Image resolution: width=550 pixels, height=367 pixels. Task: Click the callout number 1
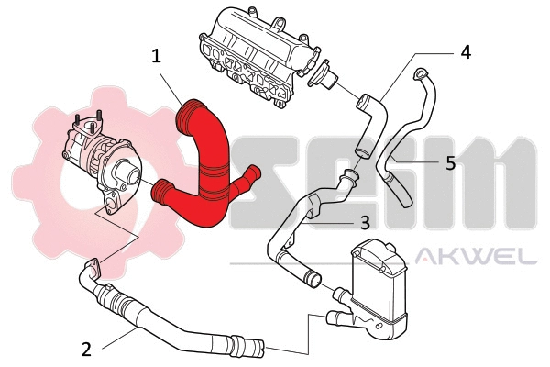157,56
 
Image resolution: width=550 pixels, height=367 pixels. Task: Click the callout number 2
86,348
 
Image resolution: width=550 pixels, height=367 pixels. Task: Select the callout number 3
364,222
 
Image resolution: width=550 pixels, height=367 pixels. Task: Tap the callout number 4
466,52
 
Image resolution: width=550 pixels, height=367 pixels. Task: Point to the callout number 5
450,163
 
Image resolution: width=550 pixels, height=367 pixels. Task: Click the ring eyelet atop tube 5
420,73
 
